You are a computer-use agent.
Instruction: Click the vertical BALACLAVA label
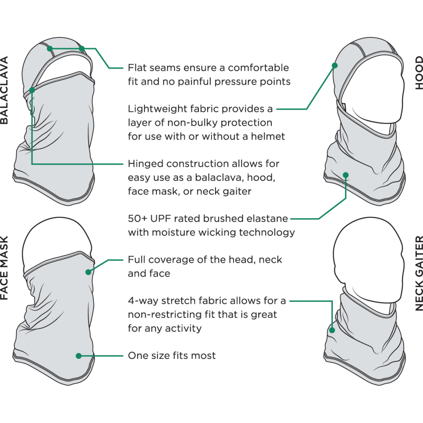point(4,90)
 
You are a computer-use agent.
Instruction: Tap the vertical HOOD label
point(418,73)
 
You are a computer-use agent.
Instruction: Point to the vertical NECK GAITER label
point(418,273)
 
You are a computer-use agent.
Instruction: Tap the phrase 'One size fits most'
point(172,356)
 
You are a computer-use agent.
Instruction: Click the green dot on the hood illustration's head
point(335,66)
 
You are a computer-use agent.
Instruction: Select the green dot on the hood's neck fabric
point(346,175)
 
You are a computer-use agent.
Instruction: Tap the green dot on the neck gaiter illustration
point(332,330)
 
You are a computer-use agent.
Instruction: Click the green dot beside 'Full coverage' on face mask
point(88,272)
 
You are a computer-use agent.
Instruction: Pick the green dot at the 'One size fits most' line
point(79,356)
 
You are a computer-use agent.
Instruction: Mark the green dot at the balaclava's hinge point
point(32,90)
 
